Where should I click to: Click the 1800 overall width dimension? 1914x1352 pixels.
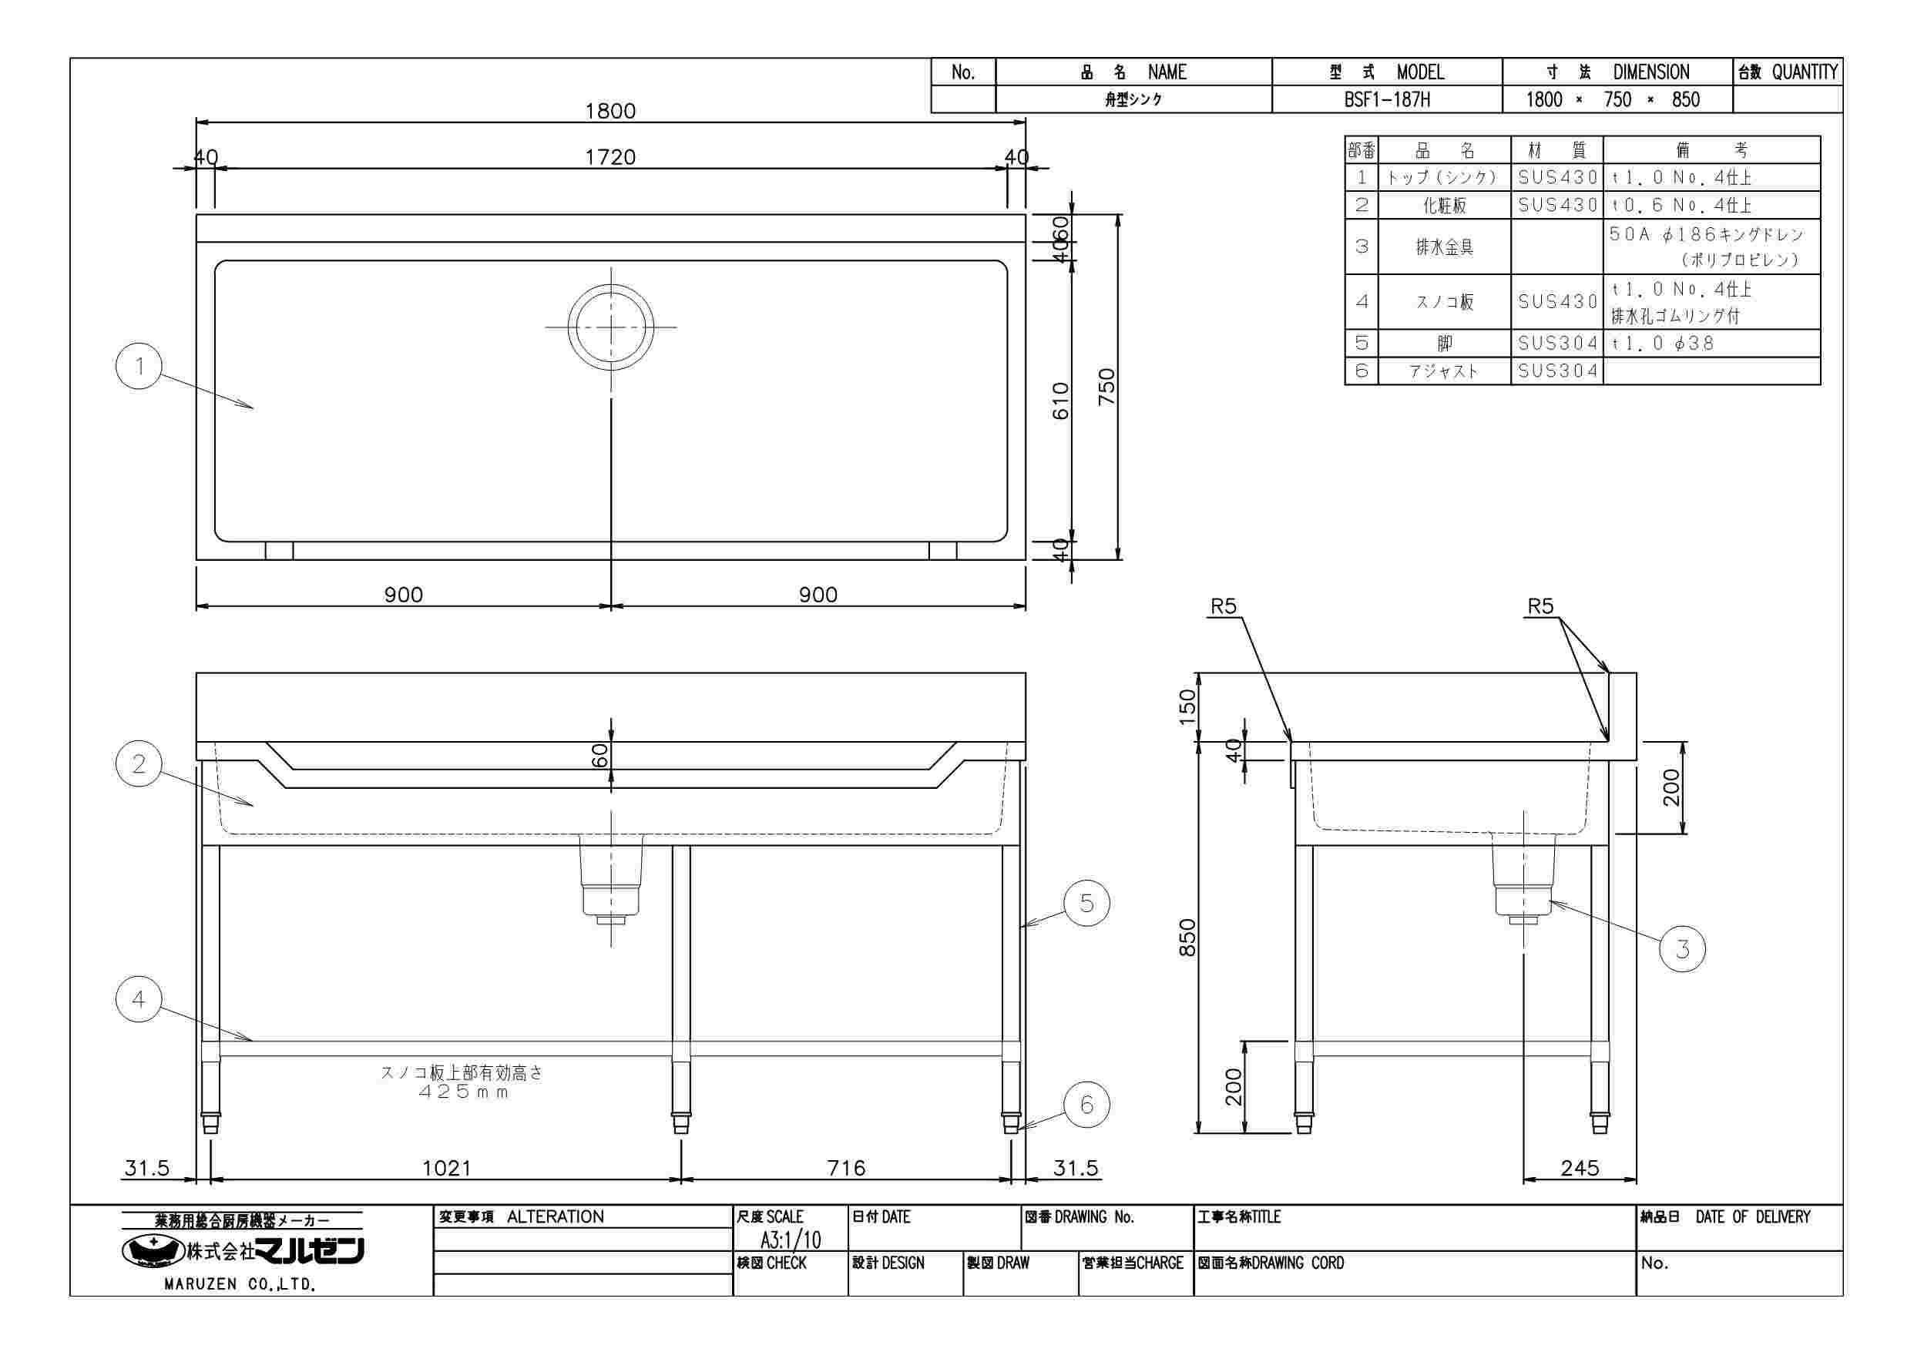610,111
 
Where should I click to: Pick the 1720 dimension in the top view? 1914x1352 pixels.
610,157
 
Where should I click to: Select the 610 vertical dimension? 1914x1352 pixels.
1060,401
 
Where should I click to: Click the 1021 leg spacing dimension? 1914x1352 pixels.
447,1169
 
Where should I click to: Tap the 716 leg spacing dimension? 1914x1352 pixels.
846,1169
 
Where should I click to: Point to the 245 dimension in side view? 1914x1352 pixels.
1580,1169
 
